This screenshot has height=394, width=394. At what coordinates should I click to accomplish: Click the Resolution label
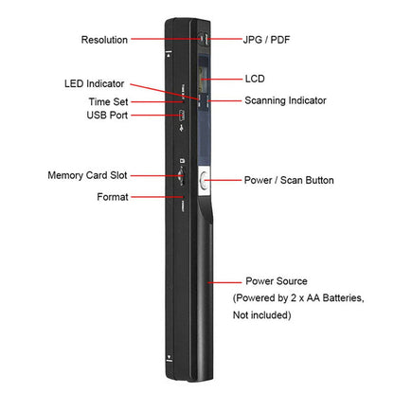pos(104,40)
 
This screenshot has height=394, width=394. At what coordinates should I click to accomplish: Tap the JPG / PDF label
pos(266,40)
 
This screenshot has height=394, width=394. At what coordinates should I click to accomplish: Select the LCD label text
pos(255,79)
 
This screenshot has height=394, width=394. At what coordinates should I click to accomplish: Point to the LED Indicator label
pos(94,83)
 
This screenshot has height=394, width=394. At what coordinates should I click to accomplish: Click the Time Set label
pos(108,101)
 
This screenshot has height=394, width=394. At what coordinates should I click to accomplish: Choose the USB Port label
pos(107,115)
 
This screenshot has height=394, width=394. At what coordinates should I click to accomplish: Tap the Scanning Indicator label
pos(285,100)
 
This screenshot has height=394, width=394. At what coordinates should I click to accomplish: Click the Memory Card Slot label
pos(87,175)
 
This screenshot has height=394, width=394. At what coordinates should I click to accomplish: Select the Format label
pos(113,197)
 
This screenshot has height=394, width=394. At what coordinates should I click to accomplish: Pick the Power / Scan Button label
pos(289,180)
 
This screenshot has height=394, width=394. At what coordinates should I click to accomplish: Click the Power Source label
pos(277,281)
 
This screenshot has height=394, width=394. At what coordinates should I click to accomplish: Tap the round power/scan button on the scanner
pos(205,181)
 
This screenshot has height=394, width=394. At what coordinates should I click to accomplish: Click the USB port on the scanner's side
pos(182,116)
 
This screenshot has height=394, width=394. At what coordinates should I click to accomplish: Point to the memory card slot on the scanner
pos(181,176)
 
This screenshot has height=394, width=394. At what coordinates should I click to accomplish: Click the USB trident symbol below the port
pos(182,128)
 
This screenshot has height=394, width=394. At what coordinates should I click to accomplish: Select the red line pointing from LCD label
pos(221,79)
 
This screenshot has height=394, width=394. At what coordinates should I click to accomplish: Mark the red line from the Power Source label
pos(224,282)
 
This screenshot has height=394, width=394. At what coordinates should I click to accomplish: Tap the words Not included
pos(261,314)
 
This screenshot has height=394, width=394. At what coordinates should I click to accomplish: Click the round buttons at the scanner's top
pos(203,40)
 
